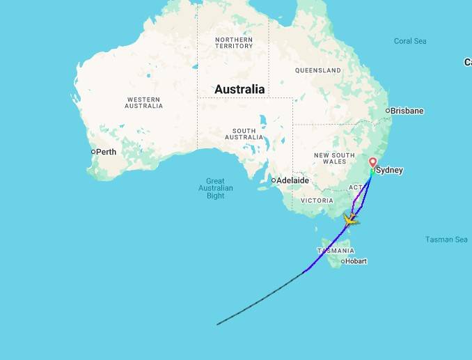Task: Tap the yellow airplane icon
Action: [x=350, y=221]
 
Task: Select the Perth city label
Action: [x=106, y=152]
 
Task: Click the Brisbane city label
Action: [x=407, y=111]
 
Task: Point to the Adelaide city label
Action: [x=292, y=180]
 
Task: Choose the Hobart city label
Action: [x=356, y=261]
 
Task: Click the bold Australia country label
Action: [x=239, y=89]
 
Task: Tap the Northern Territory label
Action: [x=234, y=42]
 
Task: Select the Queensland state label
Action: [x=317, y=70]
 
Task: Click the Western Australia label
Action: [x=143, y=102]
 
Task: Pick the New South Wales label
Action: [x=334, y=158]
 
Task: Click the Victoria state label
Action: [x=317, y=200]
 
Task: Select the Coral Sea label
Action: [x=410, y=41]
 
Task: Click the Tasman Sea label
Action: [x=446, y=240]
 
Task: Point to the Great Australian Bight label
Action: [x=216, y=188]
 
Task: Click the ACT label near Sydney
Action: [x=355, y=187]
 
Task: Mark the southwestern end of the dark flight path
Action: [x=218, y=324]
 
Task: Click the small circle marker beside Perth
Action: [x=93, y=152]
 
